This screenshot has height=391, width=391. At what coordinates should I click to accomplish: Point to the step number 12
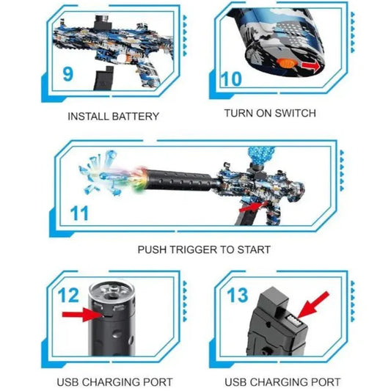[68, 296]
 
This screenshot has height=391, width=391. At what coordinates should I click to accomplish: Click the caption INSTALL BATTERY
[113, 116]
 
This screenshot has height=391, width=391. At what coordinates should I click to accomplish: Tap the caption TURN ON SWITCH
[269, 113]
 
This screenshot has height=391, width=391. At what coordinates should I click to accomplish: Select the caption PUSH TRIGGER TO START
[204, 249]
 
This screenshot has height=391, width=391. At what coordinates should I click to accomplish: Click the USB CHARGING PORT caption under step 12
[114, 382]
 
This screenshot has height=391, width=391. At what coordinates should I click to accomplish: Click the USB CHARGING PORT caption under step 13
[282, 382]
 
